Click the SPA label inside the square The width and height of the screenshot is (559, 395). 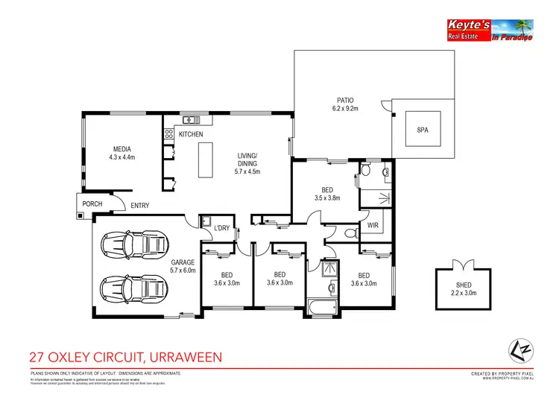(423, 130)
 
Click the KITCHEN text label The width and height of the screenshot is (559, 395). (191, 134)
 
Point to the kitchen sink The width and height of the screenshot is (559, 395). (191, 119)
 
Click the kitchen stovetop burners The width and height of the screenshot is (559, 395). (168, 134)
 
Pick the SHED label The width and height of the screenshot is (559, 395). (464, 285)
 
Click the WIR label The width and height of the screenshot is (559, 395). (373, 224)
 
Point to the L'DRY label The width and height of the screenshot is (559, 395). (221, 227)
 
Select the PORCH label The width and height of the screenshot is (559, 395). (93, 203)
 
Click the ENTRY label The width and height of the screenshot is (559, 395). (139, 206)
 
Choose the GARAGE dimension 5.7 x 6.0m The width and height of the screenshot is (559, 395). (183, 271)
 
